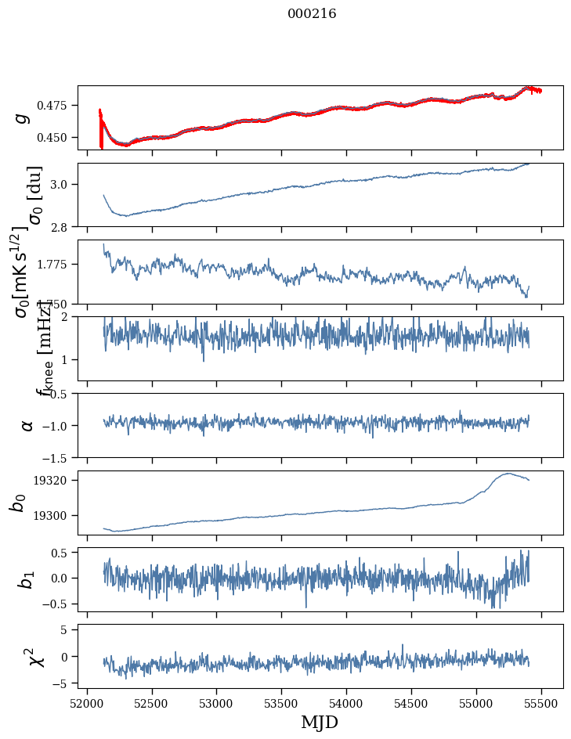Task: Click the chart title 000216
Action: tap(312, 13)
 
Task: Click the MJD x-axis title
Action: tap(320, 722)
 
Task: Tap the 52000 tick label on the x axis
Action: tap(87, 702)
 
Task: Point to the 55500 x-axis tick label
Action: tap(541, 702)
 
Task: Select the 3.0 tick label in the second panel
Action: tap(62, 184)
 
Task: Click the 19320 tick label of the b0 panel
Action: tap(55, 480)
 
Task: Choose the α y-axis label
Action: tap(27, 425)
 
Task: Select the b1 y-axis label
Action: tap(27, 579)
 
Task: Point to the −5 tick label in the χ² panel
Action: tap(60, 683)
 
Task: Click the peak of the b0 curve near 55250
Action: tap(508, 473)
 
